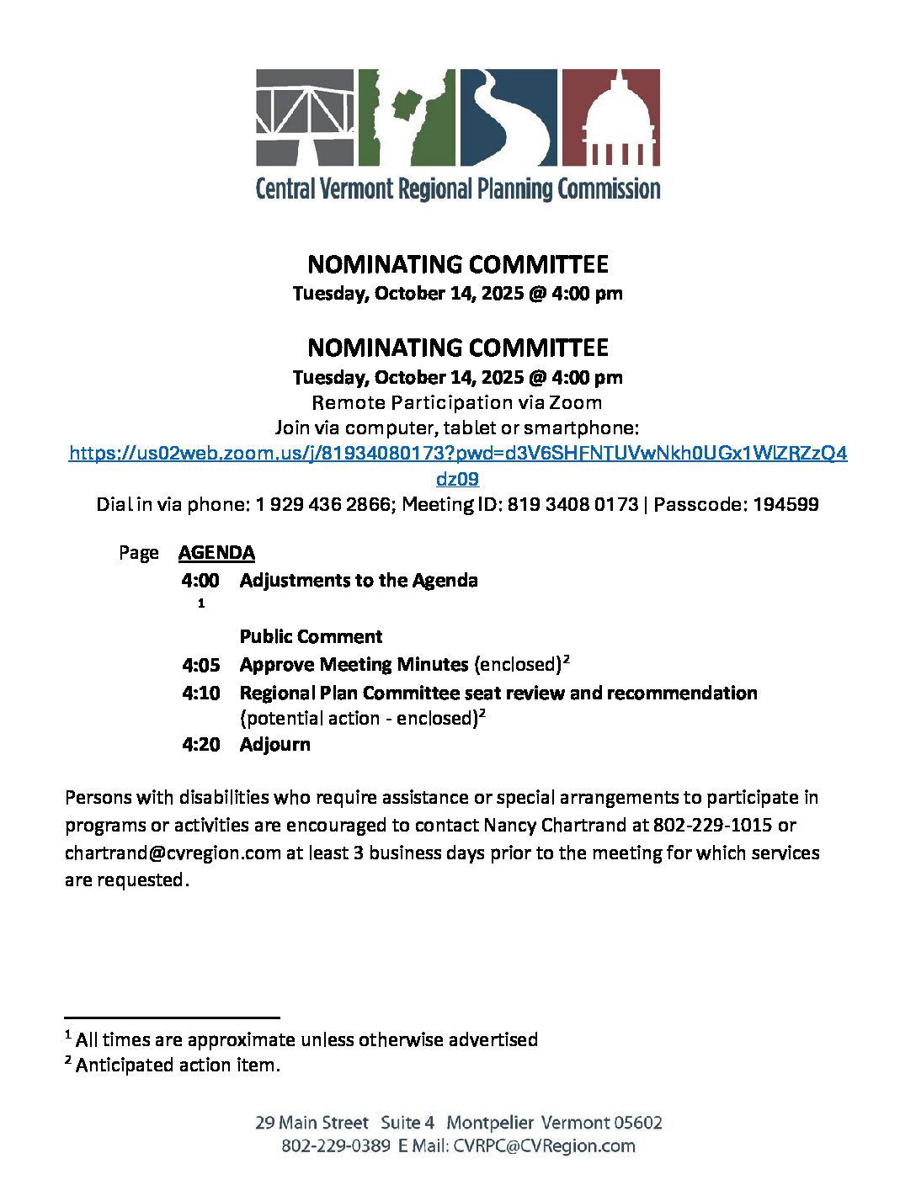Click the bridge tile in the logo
pyautogui.click(x=306, y=117)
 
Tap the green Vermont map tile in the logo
pyautogui.click(x=407, y=117)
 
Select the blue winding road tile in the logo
pyautogui.click(x=508, y=117)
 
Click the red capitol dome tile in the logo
pyautogui.click(x=610, y=117)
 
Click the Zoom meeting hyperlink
pyautogui.click(x=458, y=454)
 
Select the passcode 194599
pyautogui.click(x=786, y=505)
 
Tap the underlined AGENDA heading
pyautogui.click(x=216, y=553)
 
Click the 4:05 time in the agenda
pyautogui.click(x=200, y=666)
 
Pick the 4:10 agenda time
pyautogui.click(x=200, y=693)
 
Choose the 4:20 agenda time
pyautogui.click(x=200, y=745)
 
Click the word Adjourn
pyautogui.click(x=274, y=745)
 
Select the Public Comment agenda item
pyautogui.click(x=311, y=637)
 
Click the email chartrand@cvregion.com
pyautogui.click(x=173, y=853)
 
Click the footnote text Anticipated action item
pyautogui.click(x=178, y=1065)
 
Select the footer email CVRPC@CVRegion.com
pyautogui.click(x=544, y=1146)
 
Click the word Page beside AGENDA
pyautogui.click(x=139, y=553)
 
